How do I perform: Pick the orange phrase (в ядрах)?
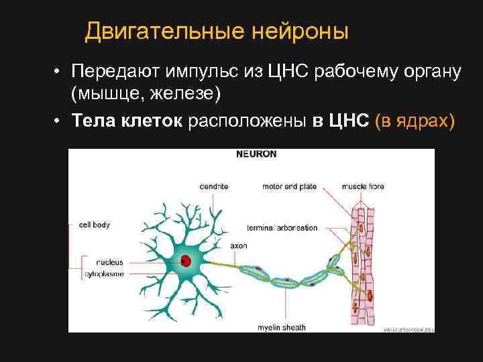click(x=415, y=121)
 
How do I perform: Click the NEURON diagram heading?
click(x=256, y=154)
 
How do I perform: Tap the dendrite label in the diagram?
click(x=214, y=186)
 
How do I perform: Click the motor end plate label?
click(x=288, y=186)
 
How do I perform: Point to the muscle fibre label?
click(x=363, y=186)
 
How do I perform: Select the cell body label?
click(x=94, y=225)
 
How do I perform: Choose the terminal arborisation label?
click(x=282, y=228)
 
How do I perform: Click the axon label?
click(x=239, y=246)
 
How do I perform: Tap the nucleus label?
click(x=109, y=262)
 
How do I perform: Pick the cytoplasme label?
click(x=104, y=275)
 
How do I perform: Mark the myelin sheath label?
click(x=282, y=328)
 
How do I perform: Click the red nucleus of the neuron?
click(x=184, y=260)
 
